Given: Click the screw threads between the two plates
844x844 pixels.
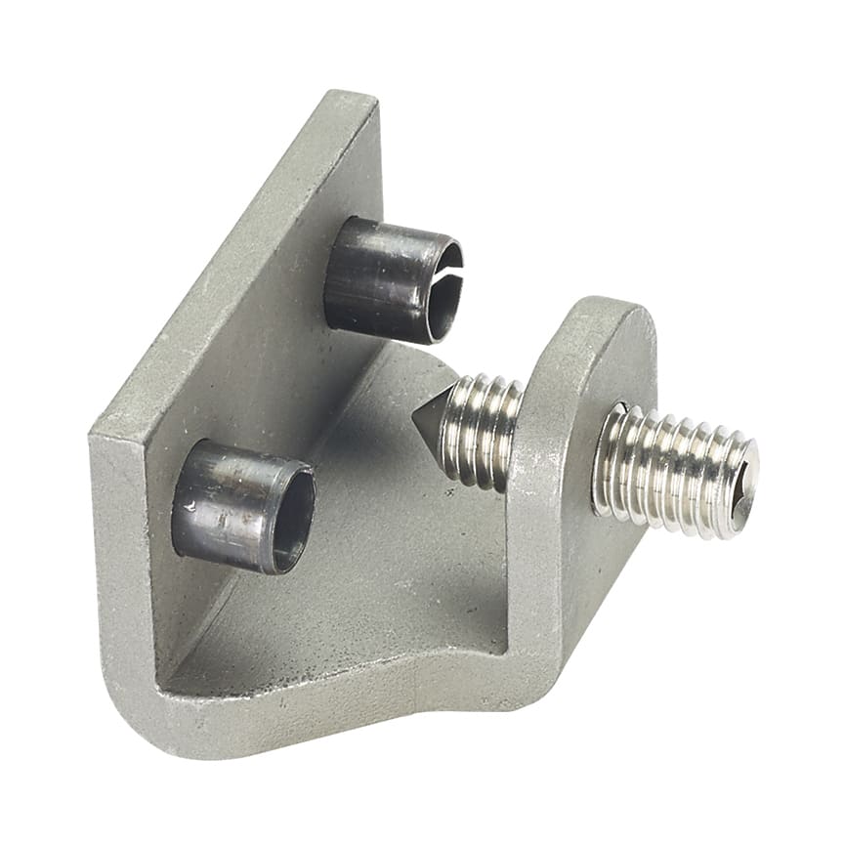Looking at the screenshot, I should tap(479, 430).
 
